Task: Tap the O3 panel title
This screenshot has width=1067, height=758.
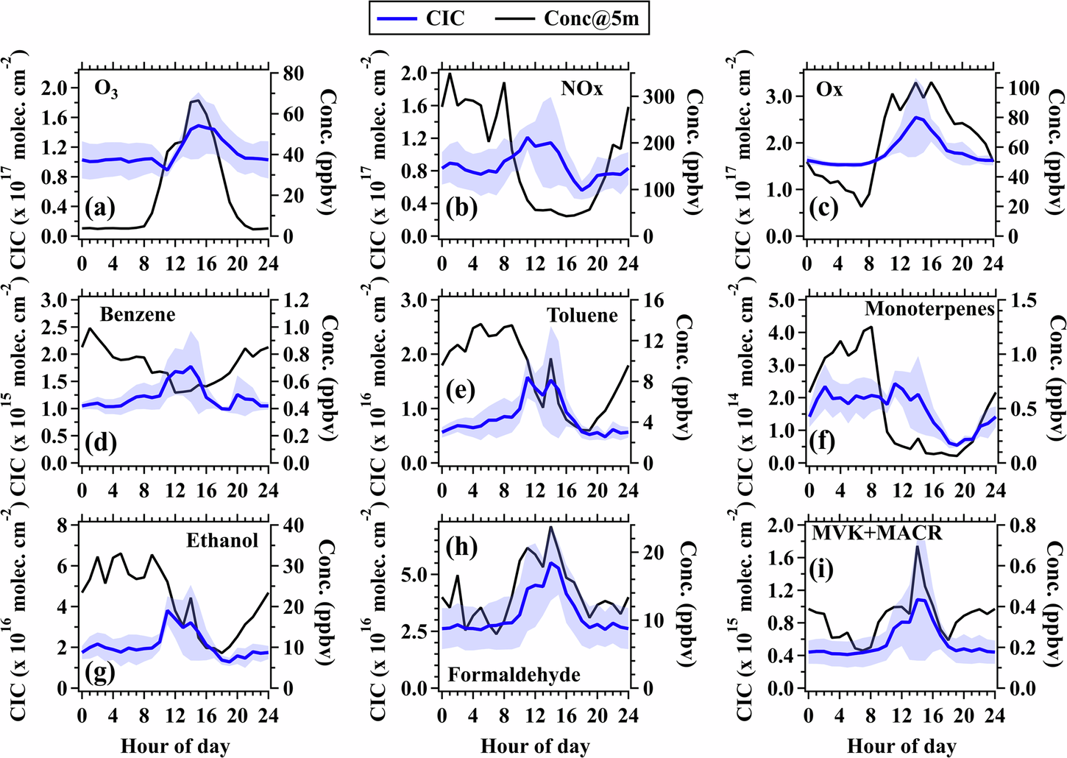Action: (x=106, y=90)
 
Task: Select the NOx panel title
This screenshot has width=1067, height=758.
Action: (x=581, y=89)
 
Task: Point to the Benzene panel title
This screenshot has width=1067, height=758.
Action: (x=138, y=315)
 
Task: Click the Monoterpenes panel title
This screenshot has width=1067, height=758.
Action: (x=929, y=309)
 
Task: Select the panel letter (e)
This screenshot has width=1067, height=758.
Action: (x=461, y=390)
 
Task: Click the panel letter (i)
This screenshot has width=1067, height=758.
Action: (x=820, y=569)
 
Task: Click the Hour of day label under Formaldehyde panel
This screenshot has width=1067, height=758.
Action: (x=535, y=746)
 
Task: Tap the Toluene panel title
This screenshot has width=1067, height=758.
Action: (x=582, y=316)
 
